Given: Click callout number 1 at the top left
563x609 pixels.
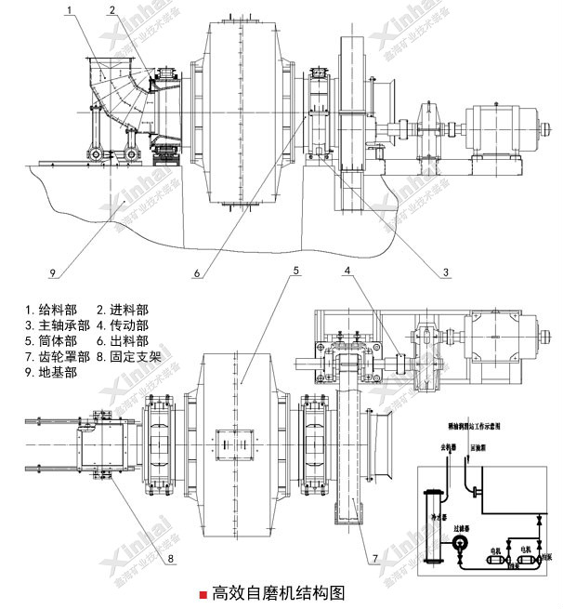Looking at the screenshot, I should click(70, 10).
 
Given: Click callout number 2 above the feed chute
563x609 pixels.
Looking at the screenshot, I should click(111, 10).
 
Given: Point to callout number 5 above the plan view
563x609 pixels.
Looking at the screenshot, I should click(295, 271).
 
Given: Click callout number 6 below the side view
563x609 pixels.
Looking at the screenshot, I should click(198, 273).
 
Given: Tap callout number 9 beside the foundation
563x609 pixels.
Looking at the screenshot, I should click(53, 273).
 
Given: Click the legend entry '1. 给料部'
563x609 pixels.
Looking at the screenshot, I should click(52, 310).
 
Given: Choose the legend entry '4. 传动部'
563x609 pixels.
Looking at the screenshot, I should click(123, 325).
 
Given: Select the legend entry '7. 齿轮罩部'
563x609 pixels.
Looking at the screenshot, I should click(58, 356).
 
